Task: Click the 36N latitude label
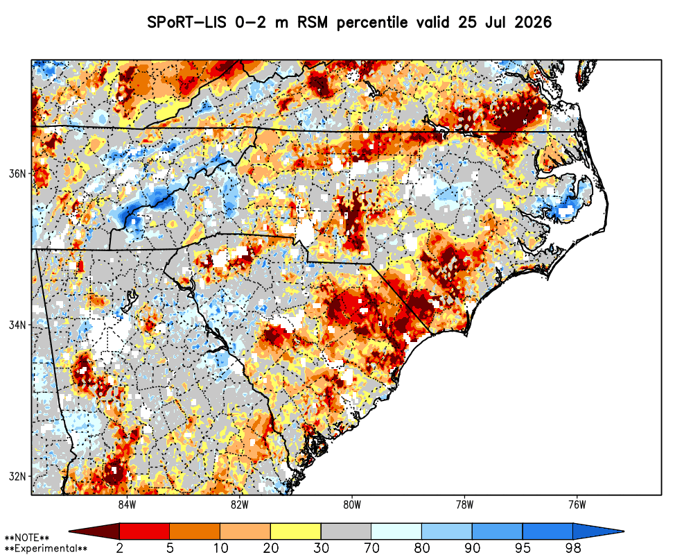(18, 173)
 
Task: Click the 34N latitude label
(18, 325)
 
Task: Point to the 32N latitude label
(18, 477)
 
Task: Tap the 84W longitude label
(127, 504)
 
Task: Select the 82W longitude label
(240, 504)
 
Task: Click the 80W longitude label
(352, 504)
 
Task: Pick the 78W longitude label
(464, 504)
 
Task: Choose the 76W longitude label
(577, 504)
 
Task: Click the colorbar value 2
(120, 548)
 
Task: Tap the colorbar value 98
(573, 548)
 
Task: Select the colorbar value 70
(371, 548)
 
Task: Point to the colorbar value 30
(322, 548)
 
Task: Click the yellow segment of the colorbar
(296, 531)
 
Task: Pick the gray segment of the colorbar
(346, 531)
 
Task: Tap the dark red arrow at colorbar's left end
(94, 531)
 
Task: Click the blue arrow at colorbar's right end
(598, 531)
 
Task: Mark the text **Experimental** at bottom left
(46, 549)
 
